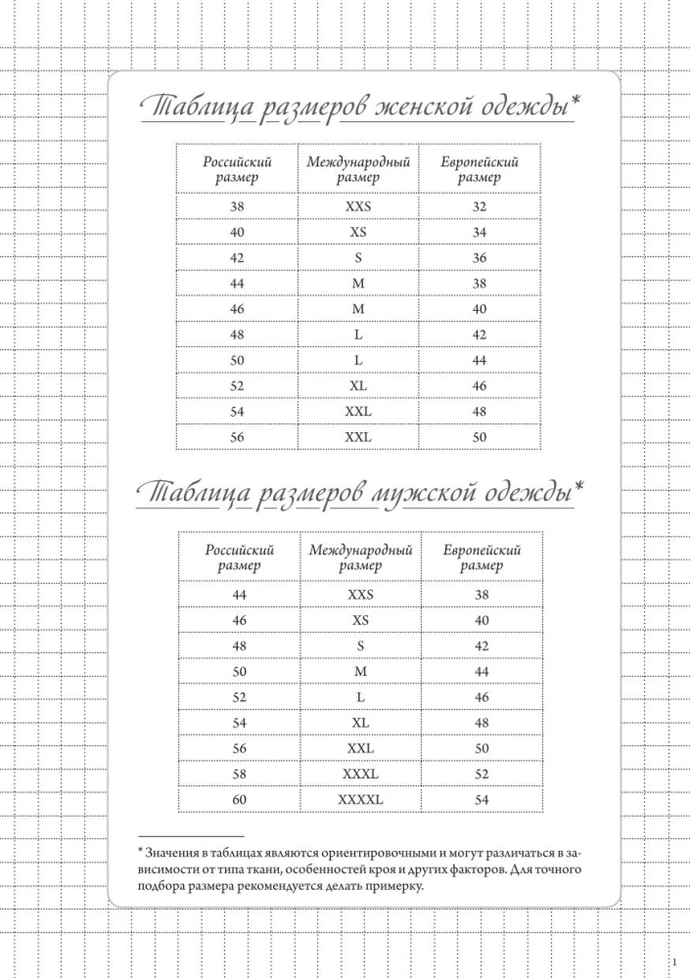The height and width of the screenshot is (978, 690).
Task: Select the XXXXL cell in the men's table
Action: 360,800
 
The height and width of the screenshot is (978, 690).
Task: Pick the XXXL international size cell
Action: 360,775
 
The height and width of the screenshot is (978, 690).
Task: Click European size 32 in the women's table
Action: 480,207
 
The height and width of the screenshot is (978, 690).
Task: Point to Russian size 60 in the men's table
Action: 240,800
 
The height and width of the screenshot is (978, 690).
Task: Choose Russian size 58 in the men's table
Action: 240,775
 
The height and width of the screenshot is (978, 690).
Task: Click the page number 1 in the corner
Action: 675,961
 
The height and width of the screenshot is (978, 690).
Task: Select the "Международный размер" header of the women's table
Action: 358,170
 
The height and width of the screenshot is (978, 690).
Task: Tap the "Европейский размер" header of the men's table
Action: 482,557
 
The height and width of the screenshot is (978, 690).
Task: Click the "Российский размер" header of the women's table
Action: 237,170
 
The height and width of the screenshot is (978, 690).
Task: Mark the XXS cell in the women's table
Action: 358,207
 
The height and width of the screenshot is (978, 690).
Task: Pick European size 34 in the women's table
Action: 480,233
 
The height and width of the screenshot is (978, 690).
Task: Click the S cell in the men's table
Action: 360,645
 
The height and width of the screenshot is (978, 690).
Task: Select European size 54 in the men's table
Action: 482,800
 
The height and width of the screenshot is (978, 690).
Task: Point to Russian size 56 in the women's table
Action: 237,437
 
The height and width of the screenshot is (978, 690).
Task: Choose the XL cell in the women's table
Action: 358,386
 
